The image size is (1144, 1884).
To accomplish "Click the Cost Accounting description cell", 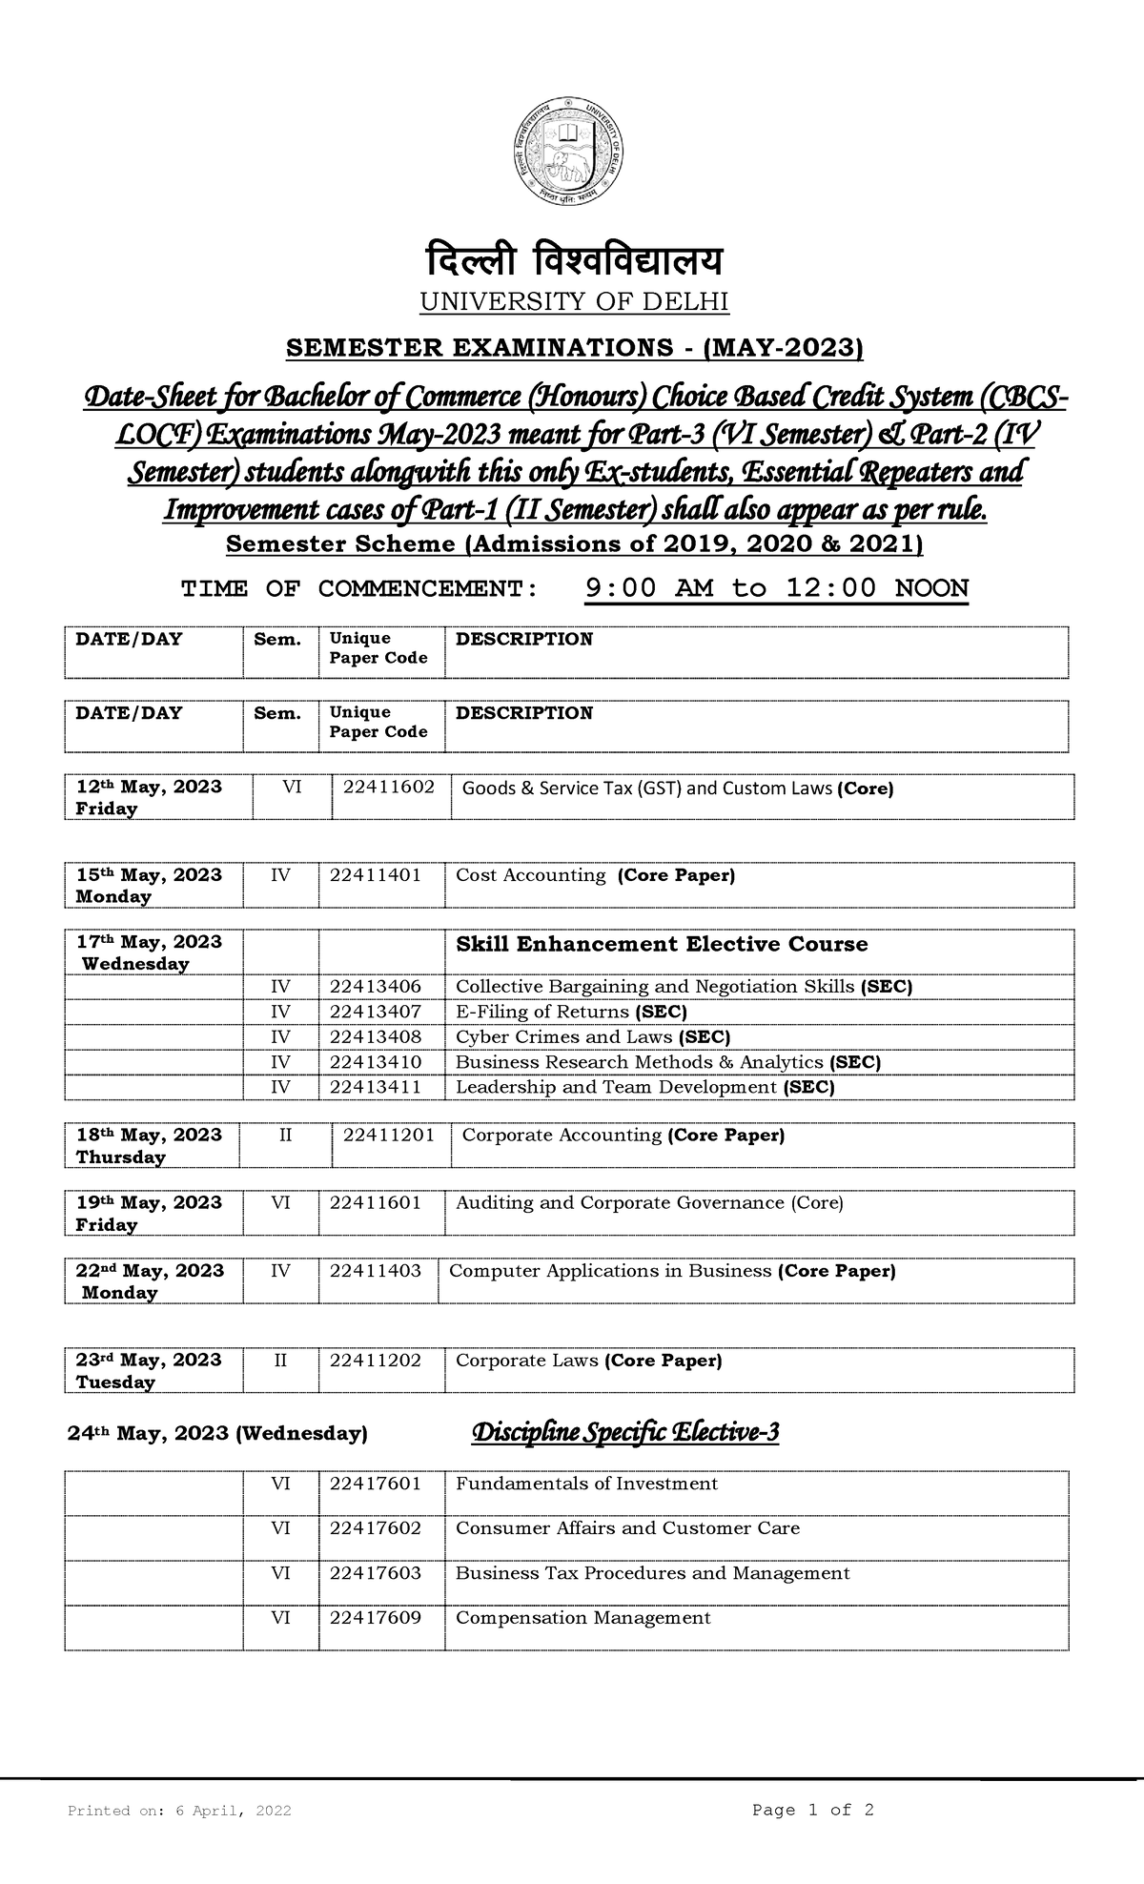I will click(x=595, y=875).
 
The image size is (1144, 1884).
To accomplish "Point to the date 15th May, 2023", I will click(x=148, y=875).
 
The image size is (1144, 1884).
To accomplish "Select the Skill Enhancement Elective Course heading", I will click(x=662, y=945).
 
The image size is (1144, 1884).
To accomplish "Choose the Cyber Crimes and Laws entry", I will click(x=593, y=1037).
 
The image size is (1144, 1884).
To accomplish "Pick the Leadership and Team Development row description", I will click(x=644, y=1088).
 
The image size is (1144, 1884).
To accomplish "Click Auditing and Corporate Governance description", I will click(x=649, y=1203).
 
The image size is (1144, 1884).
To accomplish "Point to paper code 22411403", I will click(x=375, y=1271).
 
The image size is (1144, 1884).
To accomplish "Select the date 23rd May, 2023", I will click(x=148, y=1361).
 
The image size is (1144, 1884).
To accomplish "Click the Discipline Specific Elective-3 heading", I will click(x=625, y=1433).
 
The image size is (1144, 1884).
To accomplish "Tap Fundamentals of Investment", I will click(x=586, y=1485).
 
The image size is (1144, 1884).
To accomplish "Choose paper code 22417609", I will click(x=375, y=1619).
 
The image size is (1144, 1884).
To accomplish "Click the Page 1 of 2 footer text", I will click(x=812, y=1811).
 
